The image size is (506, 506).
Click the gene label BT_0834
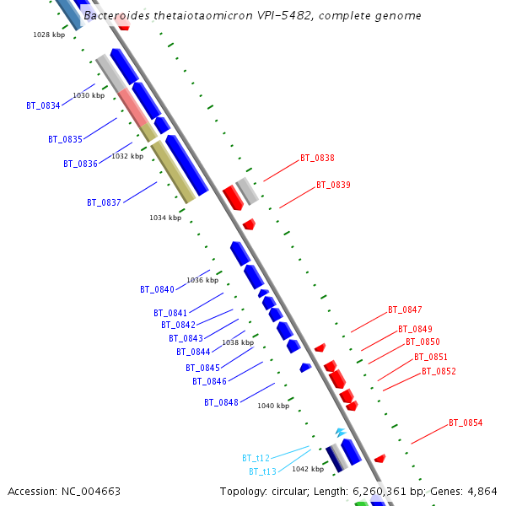[x=43, y=106]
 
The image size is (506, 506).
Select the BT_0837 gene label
[x=104, y=202]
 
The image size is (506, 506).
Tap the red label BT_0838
[x=317, y=158]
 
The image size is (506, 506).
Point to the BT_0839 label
[x=333, y=185]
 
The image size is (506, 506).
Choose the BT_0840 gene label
[x=157, y=289]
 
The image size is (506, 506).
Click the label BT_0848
[x=221, y=402]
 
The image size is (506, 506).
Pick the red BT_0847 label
[x=405, y=310]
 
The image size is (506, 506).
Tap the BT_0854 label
[x=466, y=423]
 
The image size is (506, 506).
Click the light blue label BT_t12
[x=256, y=458]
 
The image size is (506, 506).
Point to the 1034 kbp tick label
[x=165, y=218]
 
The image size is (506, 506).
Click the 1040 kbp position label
[x=273, y=406]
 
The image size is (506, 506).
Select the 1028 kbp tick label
[x=49, y=35]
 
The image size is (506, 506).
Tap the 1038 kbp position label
[x=238, y=343]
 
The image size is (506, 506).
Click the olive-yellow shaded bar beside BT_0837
[x=172, y=171]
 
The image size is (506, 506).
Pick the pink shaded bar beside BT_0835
[x=132, y=105]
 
